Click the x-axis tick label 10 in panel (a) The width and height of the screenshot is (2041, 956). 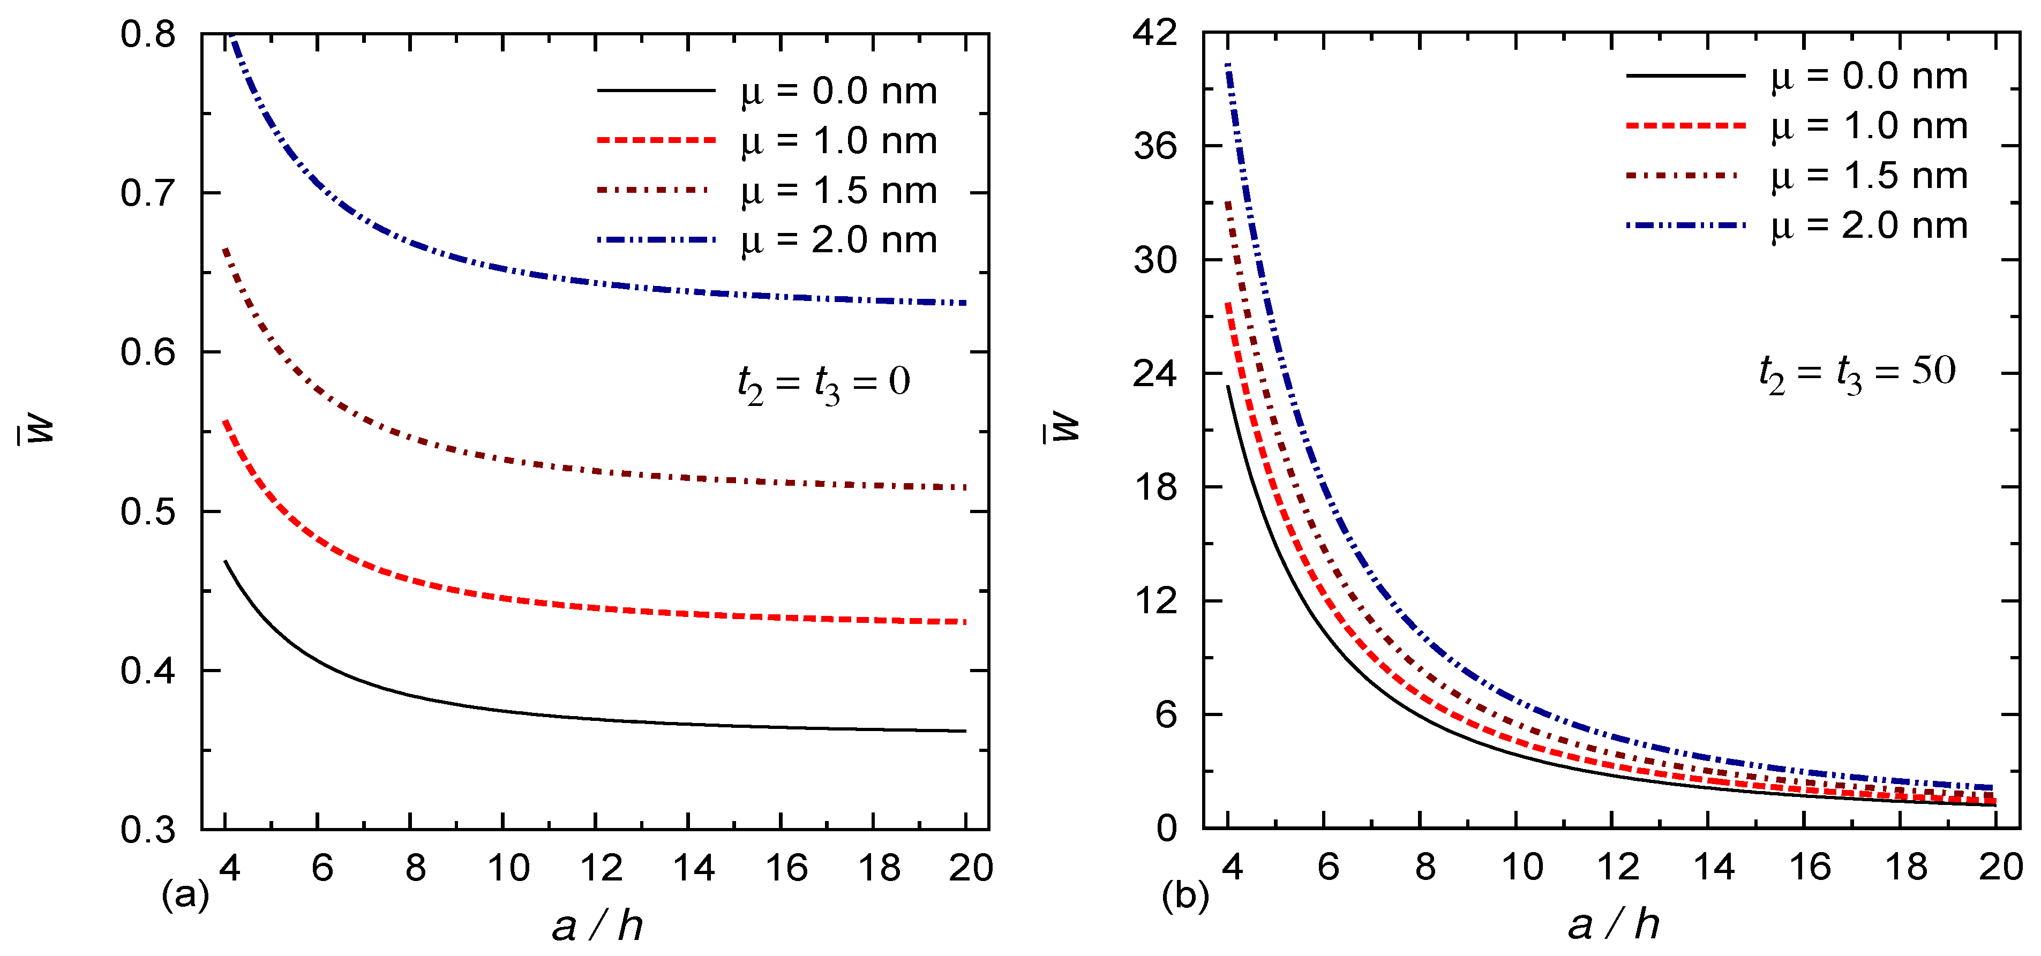508,868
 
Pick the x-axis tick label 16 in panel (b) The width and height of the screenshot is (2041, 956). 1810,867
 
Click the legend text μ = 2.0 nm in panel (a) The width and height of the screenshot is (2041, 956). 839,240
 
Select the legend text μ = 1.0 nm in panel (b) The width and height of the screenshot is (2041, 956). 1869,126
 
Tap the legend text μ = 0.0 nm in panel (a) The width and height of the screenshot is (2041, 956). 839,91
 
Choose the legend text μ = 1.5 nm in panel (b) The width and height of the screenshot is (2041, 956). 1869,176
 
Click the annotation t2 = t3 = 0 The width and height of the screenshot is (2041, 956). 823,384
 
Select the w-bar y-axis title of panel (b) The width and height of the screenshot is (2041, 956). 1065,428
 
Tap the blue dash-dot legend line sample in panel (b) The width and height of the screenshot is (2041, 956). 1685,225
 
